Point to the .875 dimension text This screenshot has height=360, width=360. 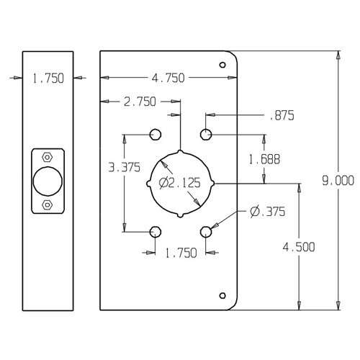point(282,114)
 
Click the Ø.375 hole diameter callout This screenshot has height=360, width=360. point(266,211)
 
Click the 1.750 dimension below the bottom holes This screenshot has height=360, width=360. point(180,253)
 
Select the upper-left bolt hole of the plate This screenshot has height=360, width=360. point(155,134)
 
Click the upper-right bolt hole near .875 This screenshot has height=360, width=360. point(207,134)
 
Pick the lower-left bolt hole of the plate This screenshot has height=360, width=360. point(155,230)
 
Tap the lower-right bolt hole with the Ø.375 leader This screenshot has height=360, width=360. point(207,230)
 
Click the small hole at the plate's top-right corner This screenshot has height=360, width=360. point(222,65)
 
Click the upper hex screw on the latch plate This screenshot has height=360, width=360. point(48,157)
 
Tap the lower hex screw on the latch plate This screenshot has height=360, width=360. point(48,205)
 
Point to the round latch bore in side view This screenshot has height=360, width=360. point(48,181)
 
